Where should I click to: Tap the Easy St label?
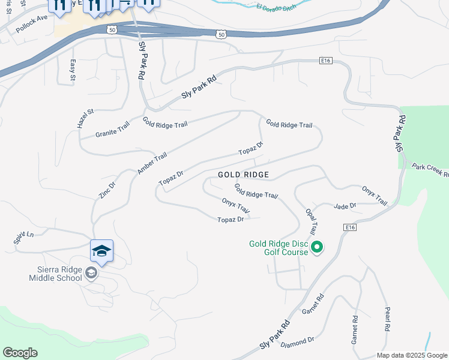pyautogui.click(x=73, y=70)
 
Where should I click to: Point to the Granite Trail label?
pyautogui.click(x=112, y=130)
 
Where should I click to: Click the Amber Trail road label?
pyautogui.click(x=152, y=164)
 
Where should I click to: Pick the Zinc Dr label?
pyautogui.click(x=107, y=190)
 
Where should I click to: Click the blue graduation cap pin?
pyautogui.click(x=101, y=251)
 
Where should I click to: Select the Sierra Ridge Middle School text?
pyautogui.click(x=56, y=274)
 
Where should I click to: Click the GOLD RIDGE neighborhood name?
pyautogui.click(x=243, y=175)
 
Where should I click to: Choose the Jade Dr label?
pyautogui.click(x=345, y=206)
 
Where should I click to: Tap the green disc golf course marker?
pyautogui.click(x=318, y=247)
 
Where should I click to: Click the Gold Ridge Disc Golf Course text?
pyautogui.click(x=279, y=248)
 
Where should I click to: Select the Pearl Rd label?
pyautogui.click(x=387, y=320)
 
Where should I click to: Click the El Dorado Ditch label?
pyautogui.click(x=277, y=8)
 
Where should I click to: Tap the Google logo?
pyautogui.click(x=20, y=353)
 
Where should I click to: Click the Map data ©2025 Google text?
pyautogui.click(x=412, y=355)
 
